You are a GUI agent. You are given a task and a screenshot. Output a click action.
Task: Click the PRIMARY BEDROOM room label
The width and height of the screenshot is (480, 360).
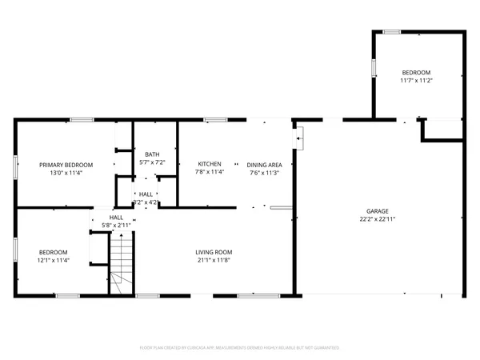pyautogui.click(x=66, y=164)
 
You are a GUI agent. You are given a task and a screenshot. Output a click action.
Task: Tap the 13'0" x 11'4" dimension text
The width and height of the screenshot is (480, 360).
pyautogui.click(x=66, y=172)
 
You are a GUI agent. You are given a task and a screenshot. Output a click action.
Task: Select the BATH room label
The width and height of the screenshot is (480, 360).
pyautogui.click(x=152, y=154)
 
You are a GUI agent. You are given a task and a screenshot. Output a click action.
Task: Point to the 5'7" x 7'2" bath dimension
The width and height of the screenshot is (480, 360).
pyautogui.click(x=152, y=162)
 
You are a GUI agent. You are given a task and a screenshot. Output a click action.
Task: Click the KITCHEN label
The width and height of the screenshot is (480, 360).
pyautogui.click(x=210, y=164)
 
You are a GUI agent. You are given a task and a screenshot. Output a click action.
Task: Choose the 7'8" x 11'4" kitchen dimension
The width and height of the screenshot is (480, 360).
pyautogui.click(x=210, y=172)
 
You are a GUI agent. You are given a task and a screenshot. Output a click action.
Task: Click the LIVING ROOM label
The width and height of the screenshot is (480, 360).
pyautogui.click(x=213, y=252)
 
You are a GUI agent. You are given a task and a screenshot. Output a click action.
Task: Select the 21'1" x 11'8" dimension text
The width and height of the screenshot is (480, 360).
pyautogui.click(x=213, y=260)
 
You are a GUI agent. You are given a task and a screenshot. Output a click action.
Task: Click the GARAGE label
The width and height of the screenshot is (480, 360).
pyautogui.click(x=378, y=210)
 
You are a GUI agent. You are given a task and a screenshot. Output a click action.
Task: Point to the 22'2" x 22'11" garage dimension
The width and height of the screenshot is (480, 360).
pyautogui.click(x=378, y=218)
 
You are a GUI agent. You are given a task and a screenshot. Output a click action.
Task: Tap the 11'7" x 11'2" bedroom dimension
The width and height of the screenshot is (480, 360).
pyautogui.click(x=416, y=80)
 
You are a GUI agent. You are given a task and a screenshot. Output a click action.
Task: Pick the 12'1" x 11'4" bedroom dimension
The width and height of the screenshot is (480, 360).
pyautogui.click(x=54, y=260)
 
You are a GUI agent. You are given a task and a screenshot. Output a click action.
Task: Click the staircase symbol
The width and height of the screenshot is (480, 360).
pyautogui.click(x=120, y=268)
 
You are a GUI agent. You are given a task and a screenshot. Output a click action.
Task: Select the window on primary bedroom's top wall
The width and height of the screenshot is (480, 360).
pyautogui.click(x=81, y=120)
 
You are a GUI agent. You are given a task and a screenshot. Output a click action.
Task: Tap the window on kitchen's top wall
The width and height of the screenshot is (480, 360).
pyautogui.click(x=214, y=120)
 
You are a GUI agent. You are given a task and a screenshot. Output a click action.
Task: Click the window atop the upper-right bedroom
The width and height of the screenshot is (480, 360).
pyautogui.click(x=391, y=32)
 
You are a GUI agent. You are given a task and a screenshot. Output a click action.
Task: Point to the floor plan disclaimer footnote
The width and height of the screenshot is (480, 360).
pyautogui.click(x=239, y=348)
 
